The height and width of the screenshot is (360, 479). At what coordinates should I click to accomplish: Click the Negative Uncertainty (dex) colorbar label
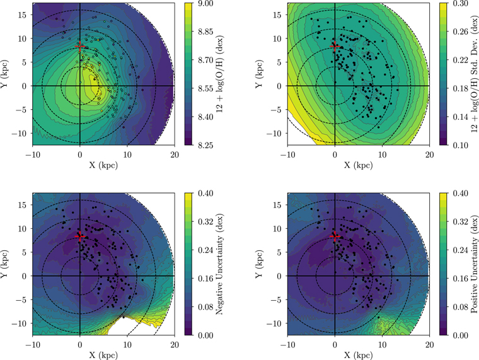tap(232, 265)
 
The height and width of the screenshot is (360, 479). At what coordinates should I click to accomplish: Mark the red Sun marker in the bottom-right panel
tap(335, 236)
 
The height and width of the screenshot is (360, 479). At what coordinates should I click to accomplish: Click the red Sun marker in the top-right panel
tap(335, 46)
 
